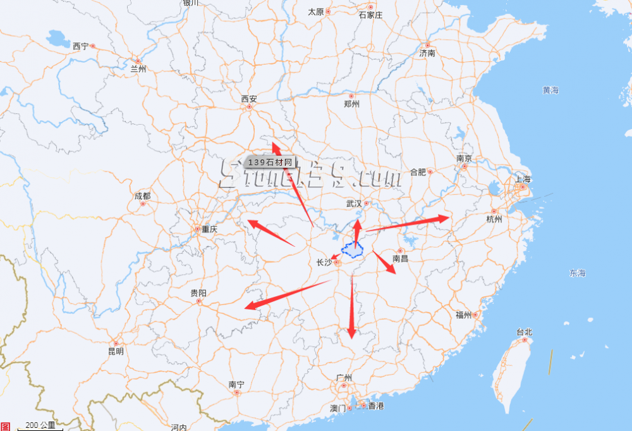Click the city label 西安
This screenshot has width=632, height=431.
(249, 99)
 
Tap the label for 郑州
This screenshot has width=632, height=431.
(351, 104)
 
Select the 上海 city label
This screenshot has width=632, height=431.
(523, 179)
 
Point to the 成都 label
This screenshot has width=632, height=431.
(142, 196)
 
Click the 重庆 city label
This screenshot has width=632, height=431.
(209, 229)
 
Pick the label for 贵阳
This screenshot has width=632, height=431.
(198, 293)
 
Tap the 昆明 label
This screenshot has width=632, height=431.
(116, 351)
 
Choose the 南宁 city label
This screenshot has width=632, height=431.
(236, 384)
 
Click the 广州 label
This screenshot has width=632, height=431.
(344, 378)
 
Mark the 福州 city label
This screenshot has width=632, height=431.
(463, 315)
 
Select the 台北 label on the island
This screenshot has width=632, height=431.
(524, 332)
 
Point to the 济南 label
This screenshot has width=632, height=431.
(427, 53)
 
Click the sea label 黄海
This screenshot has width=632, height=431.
(550, 91)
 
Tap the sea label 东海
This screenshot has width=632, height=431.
(577, 273)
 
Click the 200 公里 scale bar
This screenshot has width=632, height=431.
(40, 426)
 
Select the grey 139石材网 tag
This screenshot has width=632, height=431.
(270, 163)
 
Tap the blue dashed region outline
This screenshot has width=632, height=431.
(351, 249)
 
